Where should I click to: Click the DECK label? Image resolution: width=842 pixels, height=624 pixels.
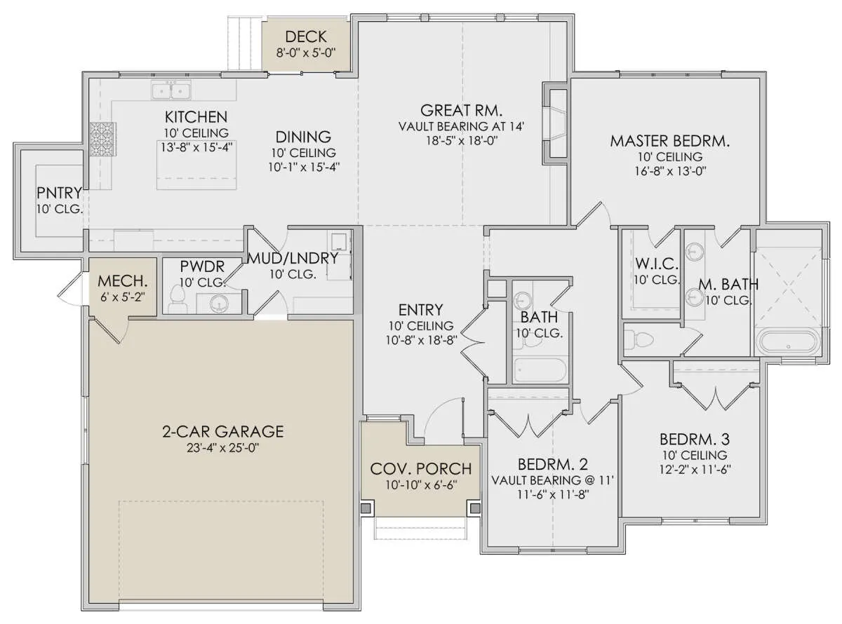pos(306,36)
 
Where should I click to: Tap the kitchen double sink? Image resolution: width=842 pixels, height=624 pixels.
pos(171,90)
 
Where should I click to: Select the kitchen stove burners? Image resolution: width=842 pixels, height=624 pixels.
pos(102,138)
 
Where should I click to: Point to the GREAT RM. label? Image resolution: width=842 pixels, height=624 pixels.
pos(461,110)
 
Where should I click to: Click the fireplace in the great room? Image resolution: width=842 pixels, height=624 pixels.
pos(556,123)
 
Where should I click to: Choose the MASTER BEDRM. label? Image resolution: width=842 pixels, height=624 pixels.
pos(670,141)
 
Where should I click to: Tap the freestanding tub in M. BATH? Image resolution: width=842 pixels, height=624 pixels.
pos(788,342)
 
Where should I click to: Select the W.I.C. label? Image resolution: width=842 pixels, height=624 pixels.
pos(656,263)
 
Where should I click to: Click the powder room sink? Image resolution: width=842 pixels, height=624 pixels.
pos(219,304)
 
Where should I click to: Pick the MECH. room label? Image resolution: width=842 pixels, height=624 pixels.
pos(123,281)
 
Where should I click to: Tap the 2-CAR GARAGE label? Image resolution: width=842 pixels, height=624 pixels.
pos(223,432)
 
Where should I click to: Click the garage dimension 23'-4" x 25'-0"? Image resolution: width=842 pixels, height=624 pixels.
pos(222,448)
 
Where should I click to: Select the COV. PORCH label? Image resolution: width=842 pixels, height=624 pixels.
pos(420,469)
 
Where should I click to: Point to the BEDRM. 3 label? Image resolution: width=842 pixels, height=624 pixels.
pos(695,440)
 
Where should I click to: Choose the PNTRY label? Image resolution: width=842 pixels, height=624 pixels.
pos(59,193)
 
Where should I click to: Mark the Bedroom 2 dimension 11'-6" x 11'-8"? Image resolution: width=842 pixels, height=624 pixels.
pos(552,495)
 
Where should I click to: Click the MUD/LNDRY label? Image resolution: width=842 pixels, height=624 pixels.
pos(293,258)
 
